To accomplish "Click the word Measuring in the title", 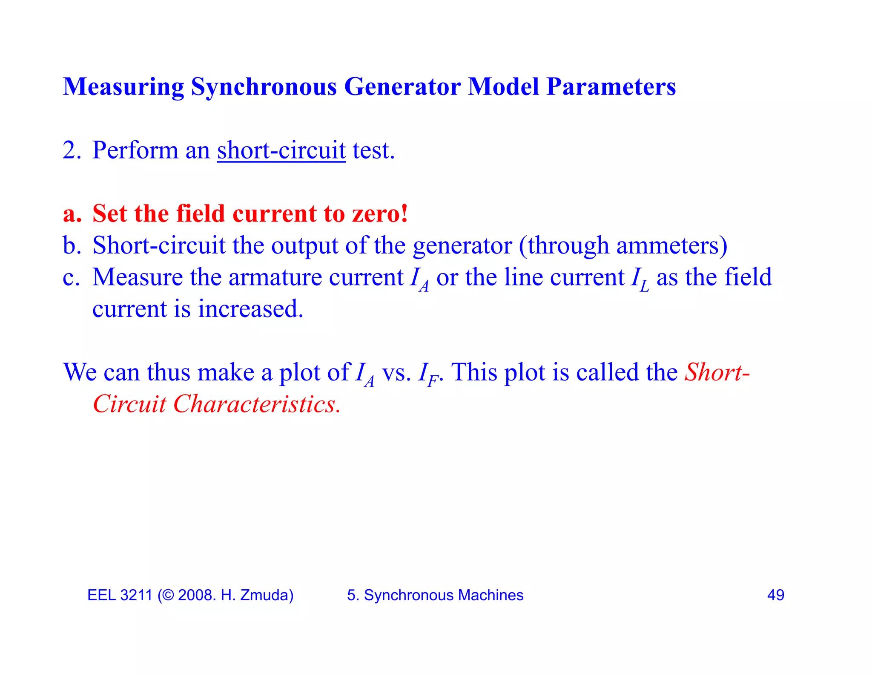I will tap(123, 87).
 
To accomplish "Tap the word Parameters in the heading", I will tap(611, 87).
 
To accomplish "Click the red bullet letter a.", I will tap(72, 214).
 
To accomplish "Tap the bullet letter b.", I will tap(72, 245).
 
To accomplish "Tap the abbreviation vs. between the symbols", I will tap(396, 373).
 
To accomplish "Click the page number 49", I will tap(775, 595).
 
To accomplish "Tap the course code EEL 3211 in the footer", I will tap(120, 595).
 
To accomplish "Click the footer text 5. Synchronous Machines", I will tap(435, 595).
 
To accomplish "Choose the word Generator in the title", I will tap(402, 87).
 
